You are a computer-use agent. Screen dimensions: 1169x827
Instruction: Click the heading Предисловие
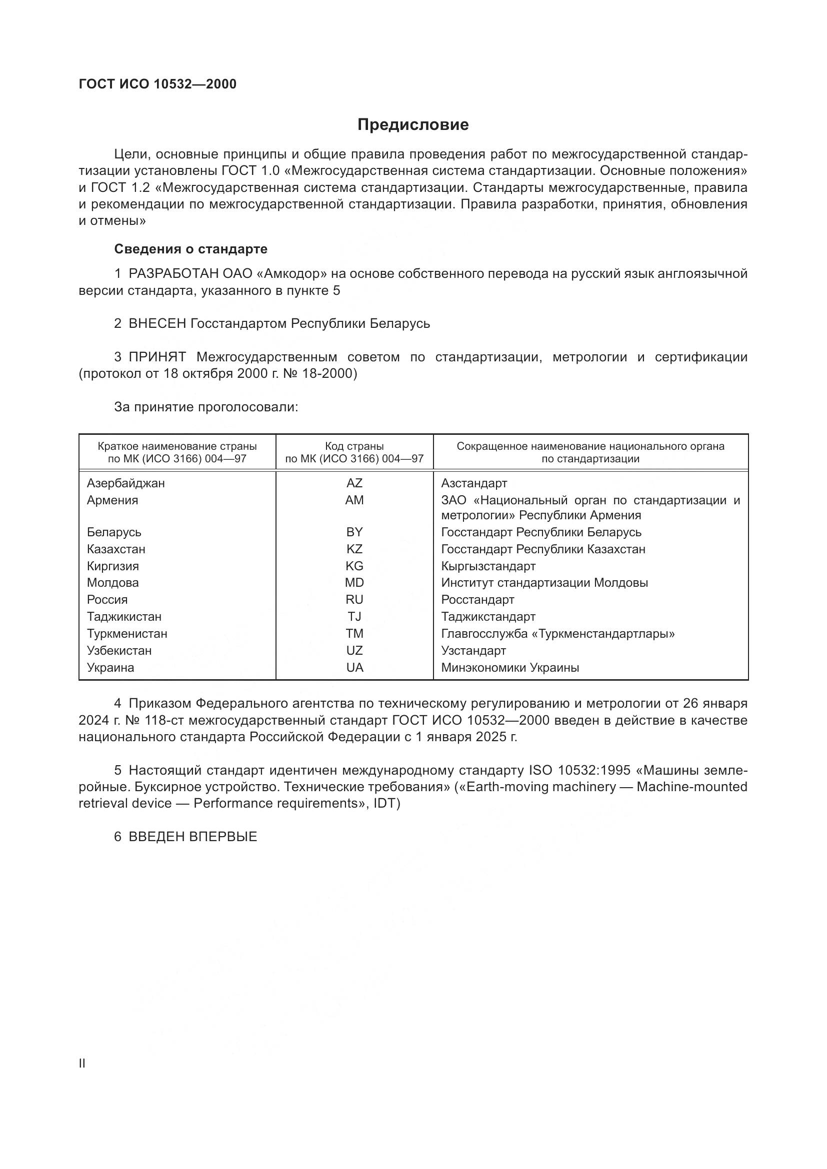point(413,125)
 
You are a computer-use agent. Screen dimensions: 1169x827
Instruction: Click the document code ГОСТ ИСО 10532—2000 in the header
point(158,84)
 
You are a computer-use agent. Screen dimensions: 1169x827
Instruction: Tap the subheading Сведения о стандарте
point(190,249)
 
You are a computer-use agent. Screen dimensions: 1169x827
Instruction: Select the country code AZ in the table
point(354,483)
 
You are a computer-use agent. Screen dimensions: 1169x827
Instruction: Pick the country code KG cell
point(354,566)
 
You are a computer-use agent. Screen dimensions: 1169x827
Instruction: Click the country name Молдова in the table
point(112,582)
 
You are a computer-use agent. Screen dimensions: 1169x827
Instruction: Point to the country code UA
point(354,668)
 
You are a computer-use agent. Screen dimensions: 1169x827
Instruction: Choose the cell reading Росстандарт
point(477,599)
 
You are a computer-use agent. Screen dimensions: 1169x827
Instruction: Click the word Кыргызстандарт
point(488,566)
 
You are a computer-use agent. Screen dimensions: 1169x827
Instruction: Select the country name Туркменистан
point(127,633)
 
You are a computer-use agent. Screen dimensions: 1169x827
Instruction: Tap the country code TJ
point(354,617)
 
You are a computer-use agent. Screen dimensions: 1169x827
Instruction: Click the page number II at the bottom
point(82,1064)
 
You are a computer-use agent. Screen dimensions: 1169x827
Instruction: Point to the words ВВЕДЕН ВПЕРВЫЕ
point(192,837)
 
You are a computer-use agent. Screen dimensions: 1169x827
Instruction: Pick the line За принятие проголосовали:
point(205,407)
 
